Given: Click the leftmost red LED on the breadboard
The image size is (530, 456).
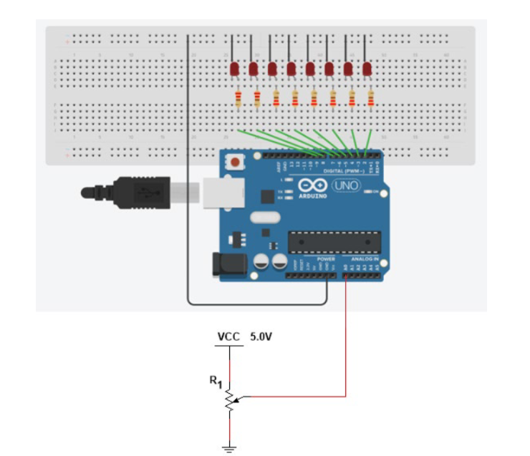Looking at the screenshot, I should pos(234,69).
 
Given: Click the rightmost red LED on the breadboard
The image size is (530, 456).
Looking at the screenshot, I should pos(367,69).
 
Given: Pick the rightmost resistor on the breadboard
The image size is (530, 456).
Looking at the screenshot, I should pos(371,99).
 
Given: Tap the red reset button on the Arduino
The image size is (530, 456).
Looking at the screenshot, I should pos(234,163).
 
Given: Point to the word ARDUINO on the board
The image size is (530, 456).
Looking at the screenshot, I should pos(312,195).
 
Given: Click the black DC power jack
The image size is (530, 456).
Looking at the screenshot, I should pos(228,264).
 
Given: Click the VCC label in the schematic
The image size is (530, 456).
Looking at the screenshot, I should pos(229,336).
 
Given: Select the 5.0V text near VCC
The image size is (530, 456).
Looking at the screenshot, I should pos(261,336).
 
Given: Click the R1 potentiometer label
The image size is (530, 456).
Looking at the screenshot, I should pos(216,381).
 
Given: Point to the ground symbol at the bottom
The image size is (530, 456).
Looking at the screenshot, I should pos(230,448).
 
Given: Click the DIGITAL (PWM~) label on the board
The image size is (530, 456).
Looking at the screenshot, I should pos(343,172).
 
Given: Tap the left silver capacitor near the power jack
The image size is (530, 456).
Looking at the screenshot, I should pos(259,263).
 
